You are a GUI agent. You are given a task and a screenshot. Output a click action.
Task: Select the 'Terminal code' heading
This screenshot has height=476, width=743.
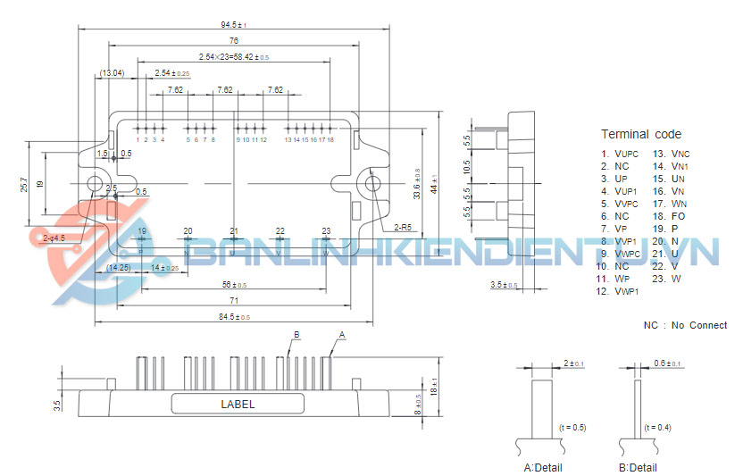click(x=640, y=135)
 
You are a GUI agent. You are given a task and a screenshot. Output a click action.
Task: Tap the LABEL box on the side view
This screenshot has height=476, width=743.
click(x=238, y=404)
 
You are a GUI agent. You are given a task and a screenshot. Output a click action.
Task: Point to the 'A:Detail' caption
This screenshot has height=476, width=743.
click(x=542, y=467)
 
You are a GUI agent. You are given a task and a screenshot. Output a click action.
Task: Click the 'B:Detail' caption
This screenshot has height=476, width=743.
click(x=638, y=467)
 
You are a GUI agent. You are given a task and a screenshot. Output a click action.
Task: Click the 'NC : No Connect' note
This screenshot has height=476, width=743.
click(x=685, y=325)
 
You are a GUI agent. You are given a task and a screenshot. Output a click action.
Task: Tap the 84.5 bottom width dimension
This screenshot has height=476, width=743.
click(x=233, y=317)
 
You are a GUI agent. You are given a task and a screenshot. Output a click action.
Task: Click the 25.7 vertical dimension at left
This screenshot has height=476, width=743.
click(x=26, y=184)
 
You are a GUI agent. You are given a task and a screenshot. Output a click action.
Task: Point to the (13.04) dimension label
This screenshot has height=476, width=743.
click(x=113, y=72)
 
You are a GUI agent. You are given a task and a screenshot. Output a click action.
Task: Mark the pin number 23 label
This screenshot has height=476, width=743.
click(x=326, y=231)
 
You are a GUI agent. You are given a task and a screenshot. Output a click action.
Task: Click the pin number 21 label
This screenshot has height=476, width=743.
click(x=233, y=231)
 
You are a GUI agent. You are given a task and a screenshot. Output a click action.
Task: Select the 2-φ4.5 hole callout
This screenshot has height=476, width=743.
click(x=53, y=238)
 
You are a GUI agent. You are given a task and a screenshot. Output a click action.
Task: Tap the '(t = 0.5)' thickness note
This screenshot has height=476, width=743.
click(x=571, y=427)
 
